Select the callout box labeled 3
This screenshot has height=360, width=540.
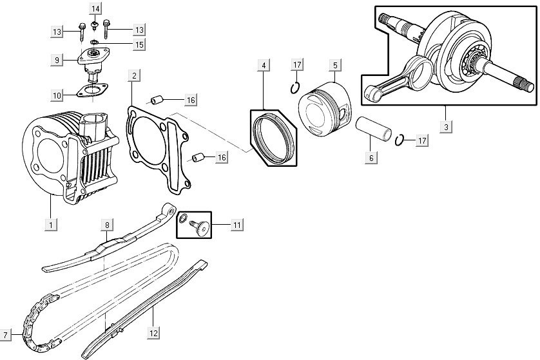[x=445, y=126]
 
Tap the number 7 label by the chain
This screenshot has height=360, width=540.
[x=6, y=335]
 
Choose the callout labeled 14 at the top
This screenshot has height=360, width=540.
[x=95, y=8]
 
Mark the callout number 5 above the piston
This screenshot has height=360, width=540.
[x=335, y=65]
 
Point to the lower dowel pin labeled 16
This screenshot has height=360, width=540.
[x=199, y=157]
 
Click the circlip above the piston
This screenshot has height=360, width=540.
[x=295, y=88]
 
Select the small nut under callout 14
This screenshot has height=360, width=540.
[x=95, y=26]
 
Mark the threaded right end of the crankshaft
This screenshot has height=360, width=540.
[x=526, y=84]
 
